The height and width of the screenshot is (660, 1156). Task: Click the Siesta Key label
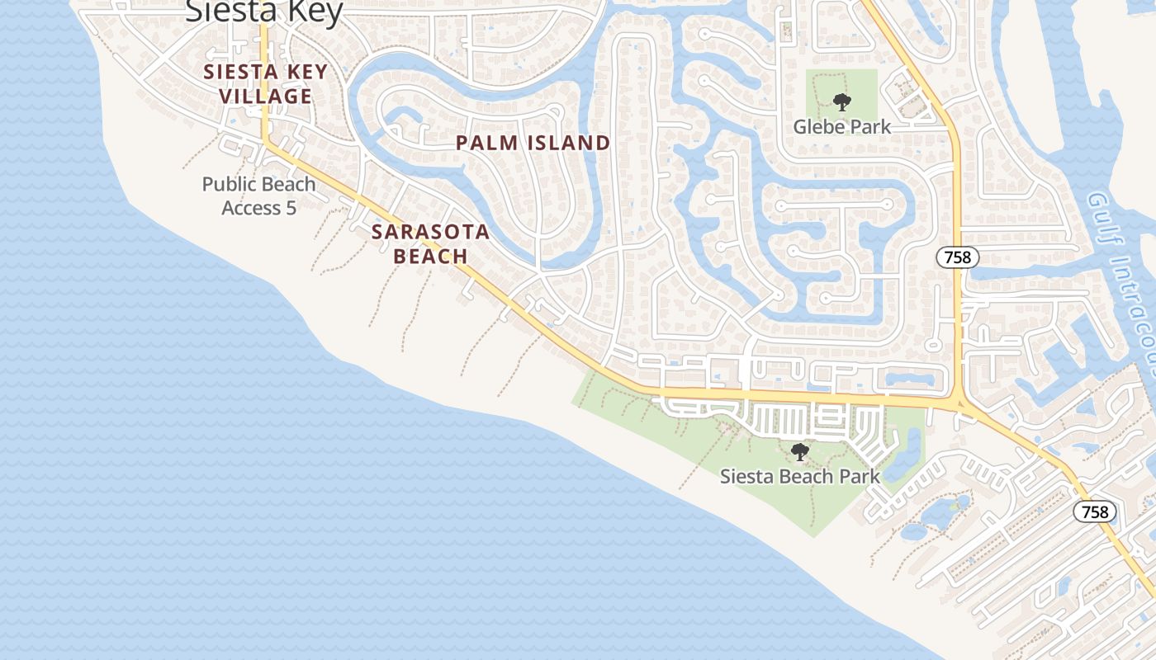[x=263, y=12]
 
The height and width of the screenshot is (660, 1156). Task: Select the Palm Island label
[x=533, y=143]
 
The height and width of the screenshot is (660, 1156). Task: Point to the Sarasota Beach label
[x=430, y=244]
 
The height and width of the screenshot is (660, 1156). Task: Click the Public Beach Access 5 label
[x=259, y=196]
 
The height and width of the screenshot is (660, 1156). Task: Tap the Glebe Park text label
[x=842, y=127]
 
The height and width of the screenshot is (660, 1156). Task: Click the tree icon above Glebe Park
[x=841, y=103]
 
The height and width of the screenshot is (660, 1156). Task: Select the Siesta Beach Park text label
[x=800, y=476]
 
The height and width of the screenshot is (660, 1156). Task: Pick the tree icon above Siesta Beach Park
[x=799, y=452]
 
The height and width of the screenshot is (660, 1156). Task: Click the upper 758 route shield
[x=958, y=257]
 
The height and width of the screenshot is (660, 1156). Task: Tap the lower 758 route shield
[x=1095, y=511]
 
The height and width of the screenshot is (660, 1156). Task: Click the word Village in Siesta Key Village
[x=266, y=97]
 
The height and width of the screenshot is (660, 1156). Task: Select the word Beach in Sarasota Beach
[x=430, y=257]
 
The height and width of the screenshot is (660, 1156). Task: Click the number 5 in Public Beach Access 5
[x=291, y=208]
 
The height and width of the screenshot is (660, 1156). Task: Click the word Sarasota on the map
[x=430, y=232]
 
